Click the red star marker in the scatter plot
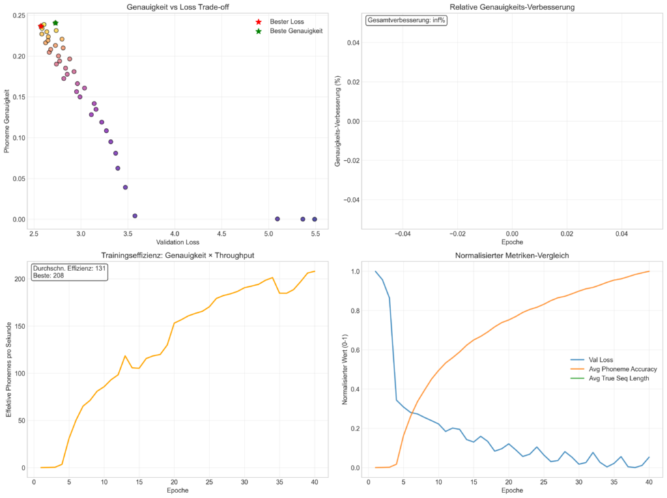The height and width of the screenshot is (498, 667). click(x=41, y=27)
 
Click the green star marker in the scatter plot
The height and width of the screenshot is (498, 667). click(x=55, y=23)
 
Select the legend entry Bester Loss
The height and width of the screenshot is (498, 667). click(x=287, y=21)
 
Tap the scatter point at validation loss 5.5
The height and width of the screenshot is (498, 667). click(x=315, y=219)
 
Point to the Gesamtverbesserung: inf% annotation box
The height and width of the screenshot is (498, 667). click(x=406, y=20)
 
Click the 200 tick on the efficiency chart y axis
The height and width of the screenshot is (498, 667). click(x=20, y=279)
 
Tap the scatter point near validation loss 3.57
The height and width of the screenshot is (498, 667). click(x=135, y=215)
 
